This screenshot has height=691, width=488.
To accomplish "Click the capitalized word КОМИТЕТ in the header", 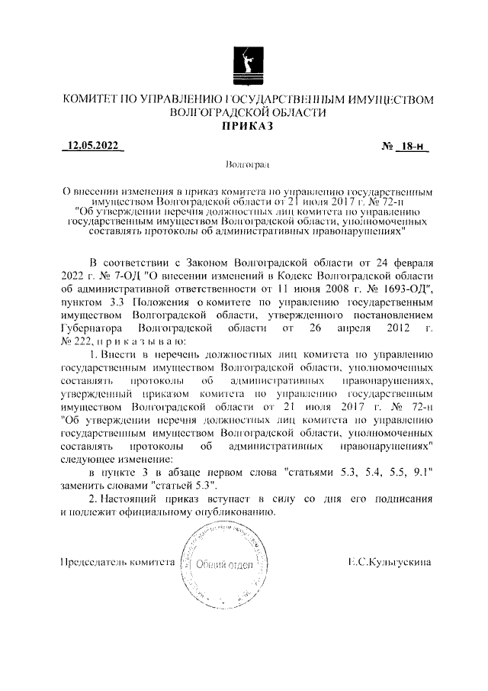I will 91,100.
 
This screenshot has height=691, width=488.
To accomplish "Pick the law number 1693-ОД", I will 404,289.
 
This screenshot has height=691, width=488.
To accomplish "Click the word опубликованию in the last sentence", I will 230,512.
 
